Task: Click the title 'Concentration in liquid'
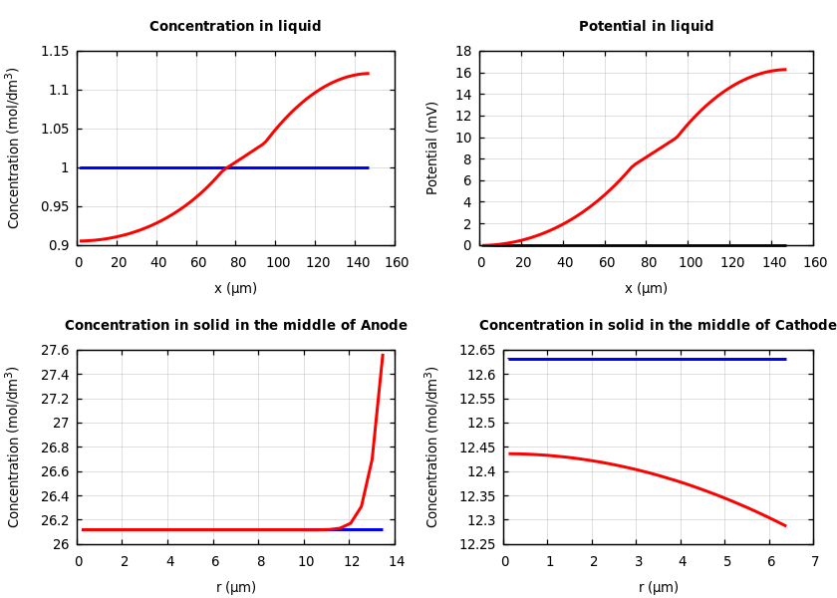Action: click(235, 27)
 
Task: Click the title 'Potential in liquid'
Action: click(646, 27)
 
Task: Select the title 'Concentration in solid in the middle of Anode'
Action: click(236, 326)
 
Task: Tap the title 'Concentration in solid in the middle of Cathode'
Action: click(658, 326)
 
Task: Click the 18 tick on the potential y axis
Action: click(462, 51)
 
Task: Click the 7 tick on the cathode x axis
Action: click(814, 561)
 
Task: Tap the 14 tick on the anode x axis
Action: click(396, 561)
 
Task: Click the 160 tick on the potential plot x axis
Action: click(814, 262)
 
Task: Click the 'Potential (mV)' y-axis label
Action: click(432, 148)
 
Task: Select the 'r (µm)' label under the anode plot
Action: click(236, 587)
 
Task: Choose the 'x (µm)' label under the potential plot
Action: click(646, 288)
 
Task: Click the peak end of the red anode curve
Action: click(383, 355)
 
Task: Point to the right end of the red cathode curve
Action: click(785, 525)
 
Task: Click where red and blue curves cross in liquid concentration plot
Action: click(225, 167)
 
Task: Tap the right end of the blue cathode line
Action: click(785, 359)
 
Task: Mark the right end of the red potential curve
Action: click(785, 70)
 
